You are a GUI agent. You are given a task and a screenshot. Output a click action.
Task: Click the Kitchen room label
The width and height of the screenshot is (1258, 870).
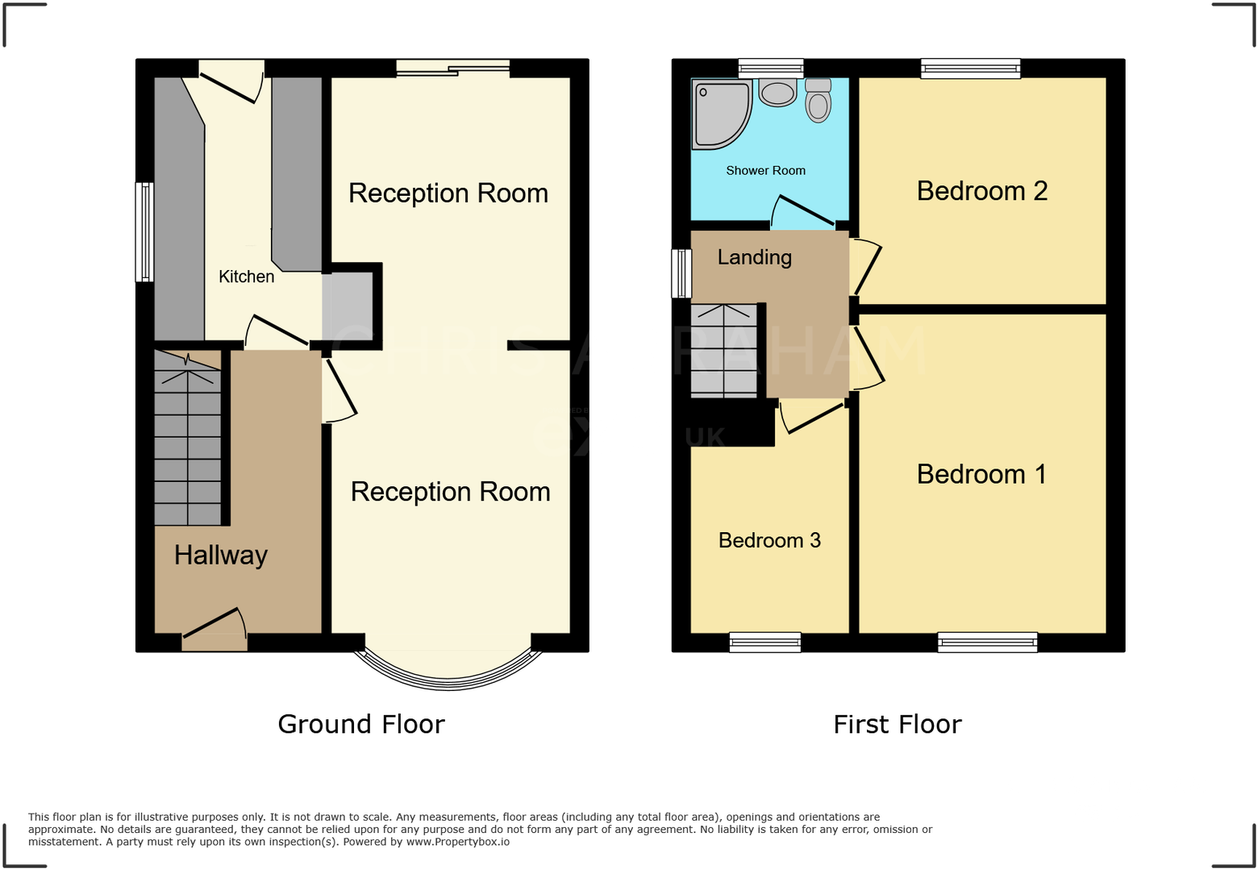[x=246, y=277]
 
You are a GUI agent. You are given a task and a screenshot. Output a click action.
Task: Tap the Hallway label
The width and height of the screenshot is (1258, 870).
[x=220, y=555]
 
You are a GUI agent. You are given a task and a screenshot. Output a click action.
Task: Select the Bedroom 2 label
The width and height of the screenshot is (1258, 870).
[x=981, y=191]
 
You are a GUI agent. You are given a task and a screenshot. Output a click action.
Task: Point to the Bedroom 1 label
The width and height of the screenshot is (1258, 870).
[x=981, y=474]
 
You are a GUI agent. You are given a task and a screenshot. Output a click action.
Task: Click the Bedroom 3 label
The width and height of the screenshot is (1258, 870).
[x=769, y=540]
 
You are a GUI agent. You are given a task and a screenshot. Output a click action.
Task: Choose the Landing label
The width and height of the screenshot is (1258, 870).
[x=754, y=257]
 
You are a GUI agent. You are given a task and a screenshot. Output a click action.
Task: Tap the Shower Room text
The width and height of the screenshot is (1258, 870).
[x=765, y=170]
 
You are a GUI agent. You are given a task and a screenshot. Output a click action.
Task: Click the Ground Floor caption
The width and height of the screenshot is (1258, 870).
[x=360, y=724]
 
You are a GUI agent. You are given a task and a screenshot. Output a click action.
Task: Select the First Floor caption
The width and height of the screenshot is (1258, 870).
[x=897, y=724]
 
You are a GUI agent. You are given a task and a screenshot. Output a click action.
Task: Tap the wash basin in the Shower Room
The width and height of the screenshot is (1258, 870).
[x=777, y=94]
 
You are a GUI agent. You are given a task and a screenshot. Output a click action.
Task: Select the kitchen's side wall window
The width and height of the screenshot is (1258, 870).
[x=144, y=232]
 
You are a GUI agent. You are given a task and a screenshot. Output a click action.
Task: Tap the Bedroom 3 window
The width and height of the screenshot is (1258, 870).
[x=764, y=643]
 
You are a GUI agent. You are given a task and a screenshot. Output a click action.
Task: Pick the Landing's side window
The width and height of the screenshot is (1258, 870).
[x=681, y=273]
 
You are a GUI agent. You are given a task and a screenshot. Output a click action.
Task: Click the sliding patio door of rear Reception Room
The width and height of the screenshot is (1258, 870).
[x=453, y=69]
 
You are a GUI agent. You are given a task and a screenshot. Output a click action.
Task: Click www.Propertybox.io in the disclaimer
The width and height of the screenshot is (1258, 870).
[x=457, y=842]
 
